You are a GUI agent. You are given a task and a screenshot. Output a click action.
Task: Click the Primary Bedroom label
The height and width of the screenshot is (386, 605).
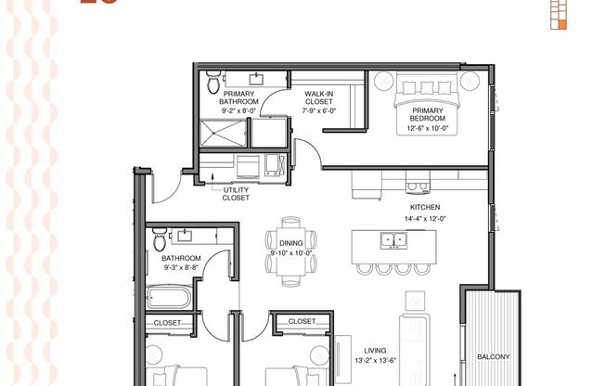pos(429,113)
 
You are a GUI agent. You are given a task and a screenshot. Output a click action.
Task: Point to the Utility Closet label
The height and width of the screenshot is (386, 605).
pos(236,193)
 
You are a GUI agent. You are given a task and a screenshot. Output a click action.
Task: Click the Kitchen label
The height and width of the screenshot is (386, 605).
pos(425,207)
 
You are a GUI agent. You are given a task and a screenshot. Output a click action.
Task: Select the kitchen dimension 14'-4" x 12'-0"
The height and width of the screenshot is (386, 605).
pos(425,219)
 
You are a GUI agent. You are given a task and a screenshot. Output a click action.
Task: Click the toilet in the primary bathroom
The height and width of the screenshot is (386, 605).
pos(213,84)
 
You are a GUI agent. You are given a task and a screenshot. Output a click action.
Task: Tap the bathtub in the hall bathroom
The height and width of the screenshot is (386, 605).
pos(169,298)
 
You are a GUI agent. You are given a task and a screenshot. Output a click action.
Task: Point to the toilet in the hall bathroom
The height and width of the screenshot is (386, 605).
pos(160,235)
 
